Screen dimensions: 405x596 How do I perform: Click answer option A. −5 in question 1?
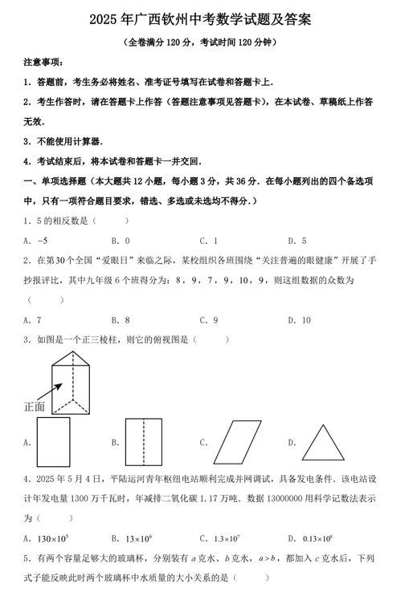(x=37, y=240)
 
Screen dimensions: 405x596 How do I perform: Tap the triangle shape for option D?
(x=324, y=442)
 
